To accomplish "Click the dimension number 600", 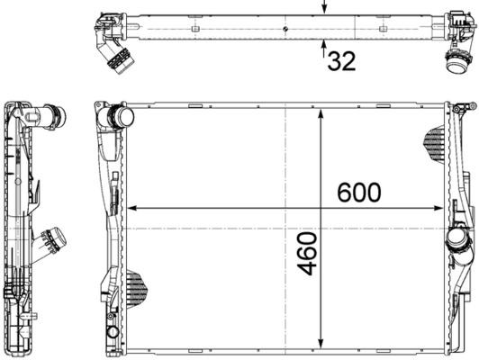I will tap(358, 193).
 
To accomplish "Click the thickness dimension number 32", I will tap(341, 61).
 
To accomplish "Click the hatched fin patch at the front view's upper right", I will tap(434, 145).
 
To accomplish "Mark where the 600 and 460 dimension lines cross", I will tap(321, 209).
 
